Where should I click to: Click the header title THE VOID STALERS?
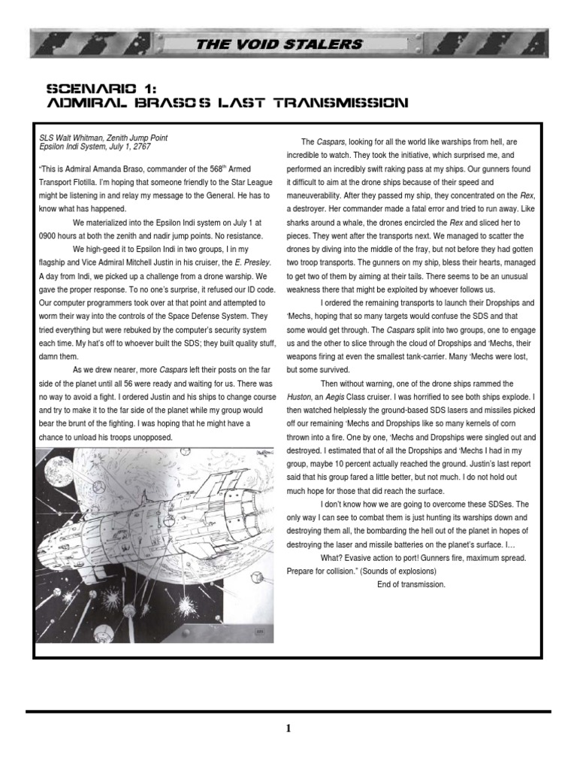[279, 44]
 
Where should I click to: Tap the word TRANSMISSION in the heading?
[348, 102]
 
